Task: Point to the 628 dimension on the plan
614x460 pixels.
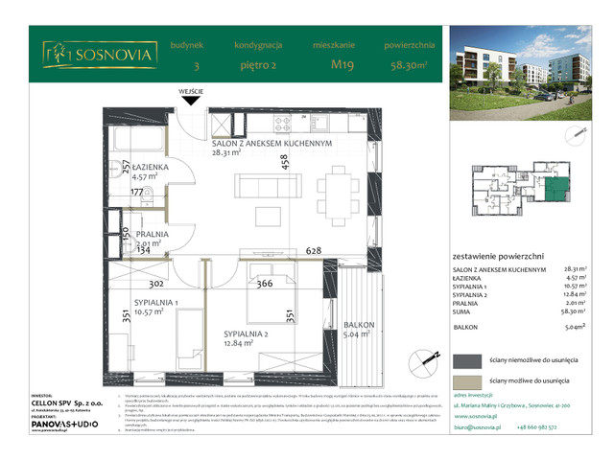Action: tap(312, 250)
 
